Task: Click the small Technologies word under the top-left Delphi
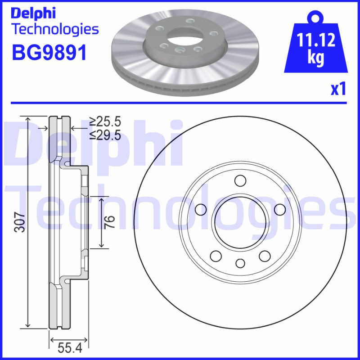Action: [x=54, y=30]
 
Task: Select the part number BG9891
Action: [x=49, y=53]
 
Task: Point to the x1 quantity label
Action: [x=338, y=89]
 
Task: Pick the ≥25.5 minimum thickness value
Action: [x=105, y=121]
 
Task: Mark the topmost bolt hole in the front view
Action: [x=241, y=181]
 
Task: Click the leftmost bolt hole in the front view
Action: [x=201, y=209]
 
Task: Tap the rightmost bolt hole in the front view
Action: [x=279, y=209]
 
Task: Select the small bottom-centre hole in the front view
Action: [x=240, y=263]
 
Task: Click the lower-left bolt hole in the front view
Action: [x=216, y=256]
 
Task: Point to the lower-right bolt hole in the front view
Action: [x=265, y=256]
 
